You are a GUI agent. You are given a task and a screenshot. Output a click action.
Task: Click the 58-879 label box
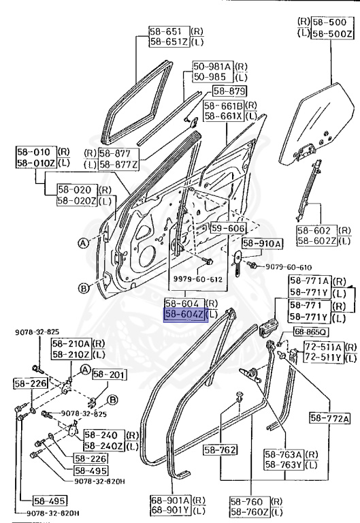[229, 91]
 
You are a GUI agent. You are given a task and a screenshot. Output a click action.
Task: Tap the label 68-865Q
[310, 332]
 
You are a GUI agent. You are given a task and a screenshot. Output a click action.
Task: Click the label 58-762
[219, 449]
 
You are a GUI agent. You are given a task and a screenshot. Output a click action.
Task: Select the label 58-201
[105, 374]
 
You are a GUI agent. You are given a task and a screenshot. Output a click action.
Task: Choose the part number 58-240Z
[101, 445]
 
